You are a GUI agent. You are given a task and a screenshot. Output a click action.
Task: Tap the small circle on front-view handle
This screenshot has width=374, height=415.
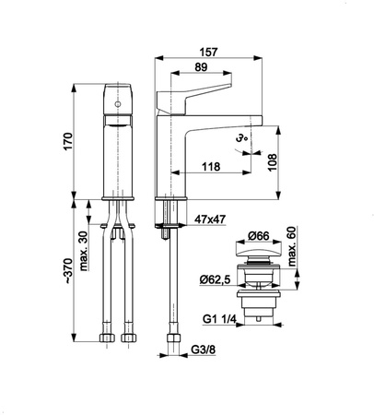[116, 108]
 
